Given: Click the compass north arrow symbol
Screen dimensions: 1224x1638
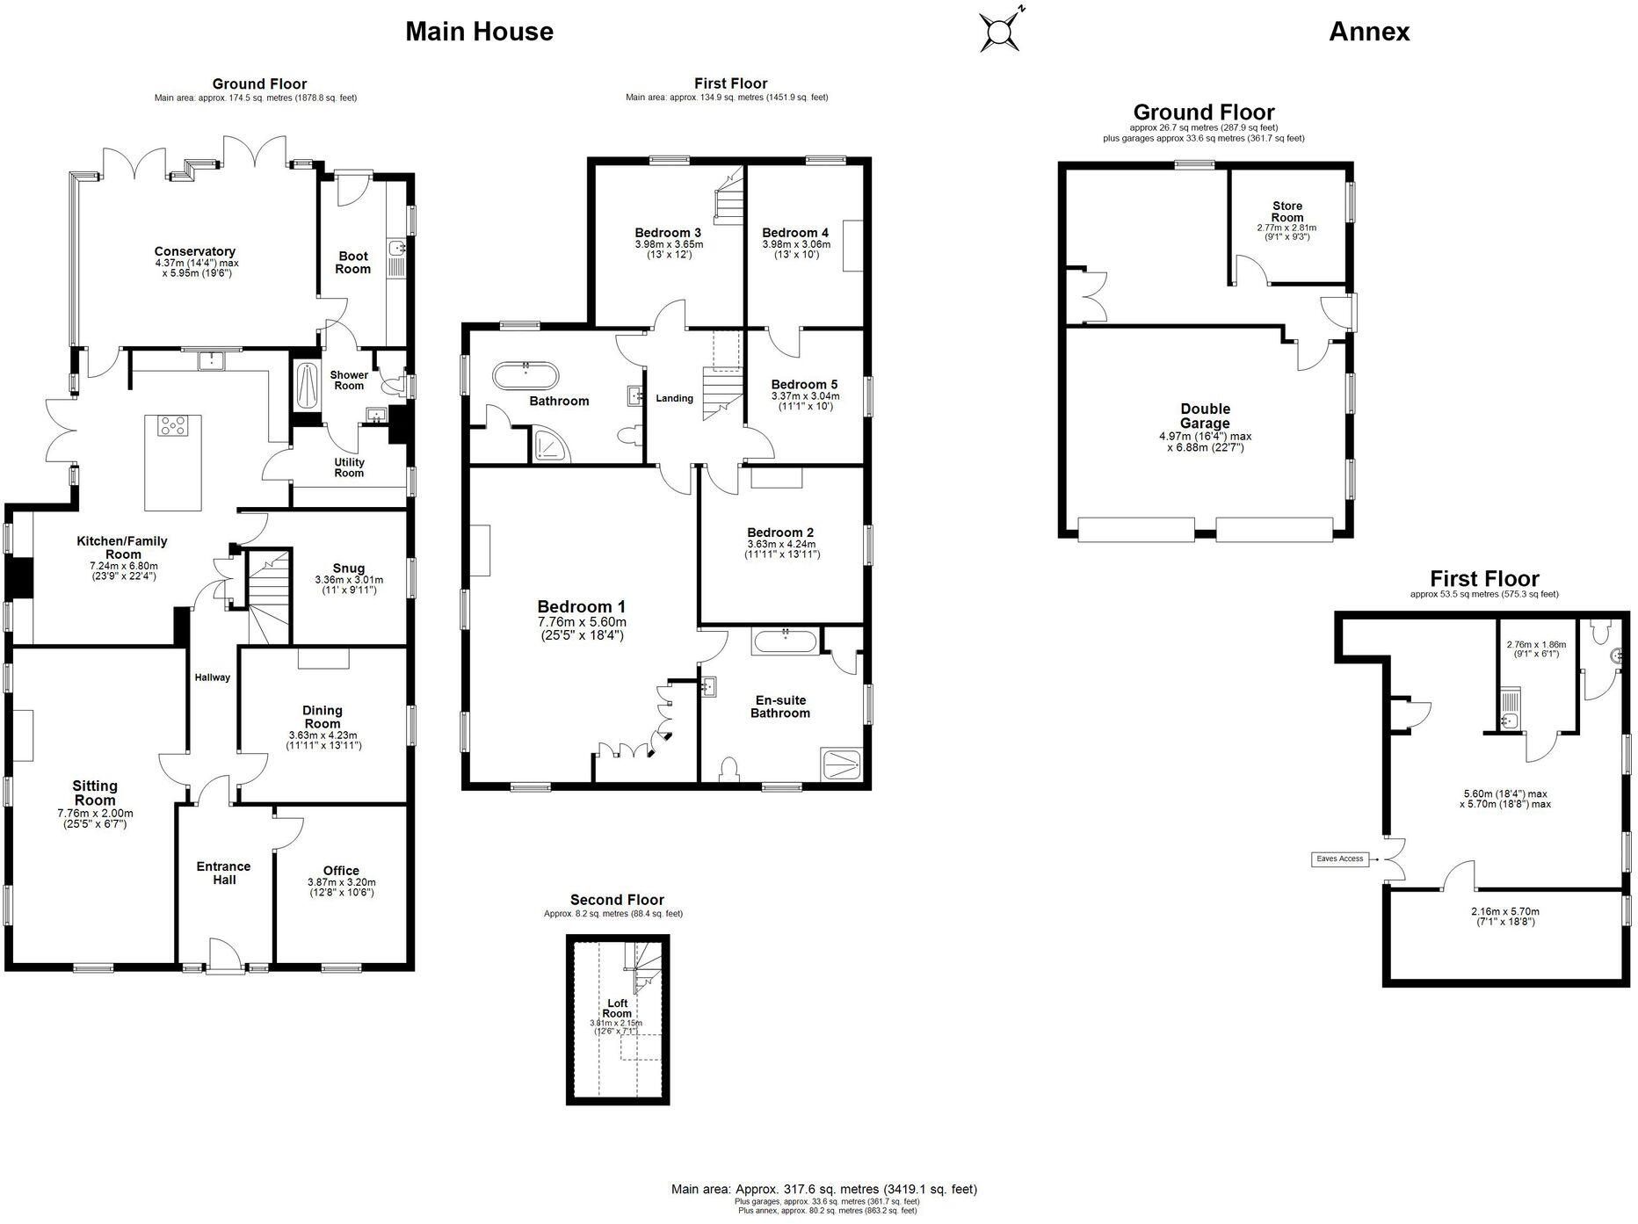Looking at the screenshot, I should pos(1000,33).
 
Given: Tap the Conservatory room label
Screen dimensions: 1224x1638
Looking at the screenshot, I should pos(194,251).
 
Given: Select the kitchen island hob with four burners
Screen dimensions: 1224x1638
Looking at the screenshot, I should pos(172,426).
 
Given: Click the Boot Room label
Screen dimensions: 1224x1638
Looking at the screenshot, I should pos(353,263).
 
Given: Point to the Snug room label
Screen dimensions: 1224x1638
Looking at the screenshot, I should pos(349,568).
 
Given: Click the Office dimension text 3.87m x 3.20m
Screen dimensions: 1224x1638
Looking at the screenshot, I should pos(341,882).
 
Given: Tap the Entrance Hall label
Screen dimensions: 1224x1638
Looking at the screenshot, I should pos(223,873).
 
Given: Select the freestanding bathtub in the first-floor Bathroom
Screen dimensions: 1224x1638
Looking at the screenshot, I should pos(525,376).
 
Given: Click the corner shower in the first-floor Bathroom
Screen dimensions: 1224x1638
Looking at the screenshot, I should pos(551,446).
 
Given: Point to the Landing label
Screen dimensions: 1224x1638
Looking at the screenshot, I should pos(674,398).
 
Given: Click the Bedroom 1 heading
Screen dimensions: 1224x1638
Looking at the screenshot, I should pos(581,606).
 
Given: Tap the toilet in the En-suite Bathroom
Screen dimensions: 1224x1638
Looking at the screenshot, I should pos(728,770).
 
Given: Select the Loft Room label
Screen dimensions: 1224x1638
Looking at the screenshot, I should pos(617,1008).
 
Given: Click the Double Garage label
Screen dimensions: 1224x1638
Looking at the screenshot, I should pos(1205,416).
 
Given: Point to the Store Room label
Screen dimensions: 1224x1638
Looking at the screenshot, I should pos(1287,211).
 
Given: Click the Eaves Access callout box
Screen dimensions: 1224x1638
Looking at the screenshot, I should pos(1339,858).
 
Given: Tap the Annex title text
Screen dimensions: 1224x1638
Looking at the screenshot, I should pos(1368,32).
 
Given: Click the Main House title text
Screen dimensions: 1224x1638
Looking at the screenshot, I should pos(479,32).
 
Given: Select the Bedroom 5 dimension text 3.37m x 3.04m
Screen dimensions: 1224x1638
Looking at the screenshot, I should pos(804,396).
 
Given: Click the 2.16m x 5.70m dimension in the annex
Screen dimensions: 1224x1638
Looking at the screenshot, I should pos(1504,911).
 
